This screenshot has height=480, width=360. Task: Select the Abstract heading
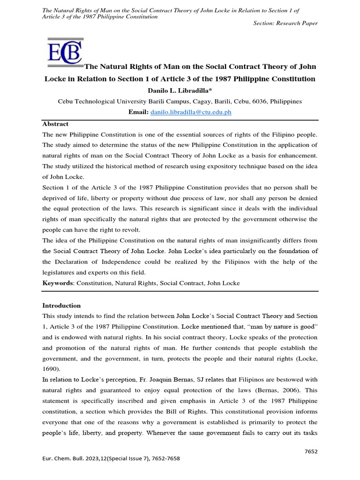tap(55, 124)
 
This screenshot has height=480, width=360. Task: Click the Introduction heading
tap(61, 306)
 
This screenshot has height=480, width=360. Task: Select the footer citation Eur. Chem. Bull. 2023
tap(111, 459)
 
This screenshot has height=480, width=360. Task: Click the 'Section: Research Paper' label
tap(285, 23)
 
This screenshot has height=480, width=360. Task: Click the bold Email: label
tap(138, 112)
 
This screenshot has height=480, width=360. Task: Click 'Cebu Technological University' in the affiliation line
tap(97, 101)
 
